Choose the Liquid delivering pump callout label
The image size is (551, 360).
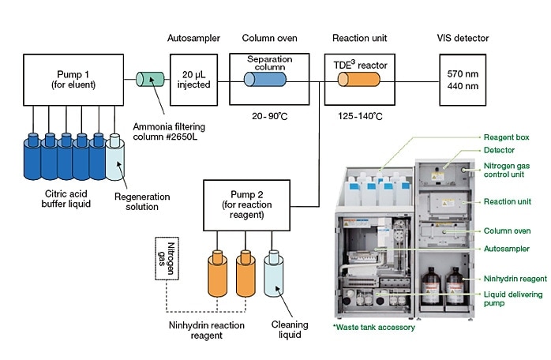point(512,299)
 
